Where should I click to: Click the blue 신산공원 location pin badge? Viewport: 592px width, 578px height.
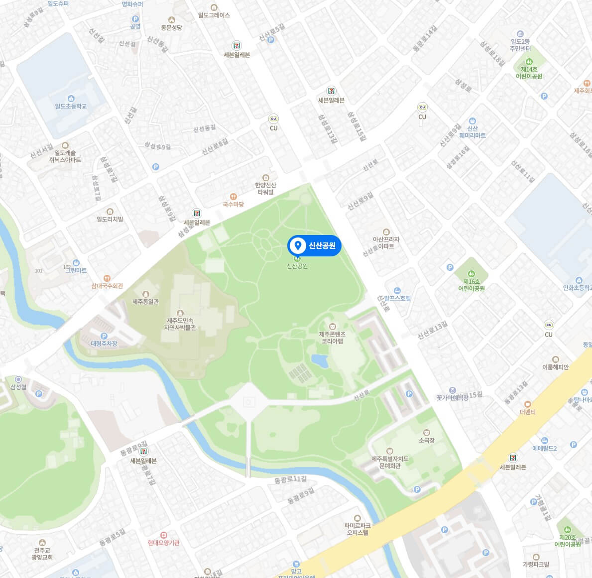pos(314,245)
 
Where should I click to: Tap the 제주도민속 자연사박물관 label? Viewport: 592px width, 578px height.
pos(180,324)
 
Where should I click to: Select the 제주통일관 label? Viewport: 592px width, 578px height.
pos(145,301)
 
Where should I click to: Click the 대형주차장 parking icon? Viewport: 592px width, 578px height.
pos(104,336)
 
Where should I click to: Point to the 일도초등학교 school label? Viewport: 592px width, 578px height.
pos(71,106)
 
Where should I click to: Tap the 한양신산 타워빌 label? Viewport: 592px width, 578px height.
pos(266,188)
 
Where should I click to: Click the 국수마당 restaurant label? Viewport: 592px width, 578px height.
pos(233,204)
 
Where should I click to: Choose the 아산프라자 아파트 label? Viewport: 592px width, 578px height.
pos(386,242)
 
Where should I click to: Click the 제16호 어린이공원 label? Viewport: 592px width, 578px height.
pos(471,285)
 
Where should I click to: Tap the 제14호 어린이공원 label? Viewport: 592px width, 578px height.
pos(529,73)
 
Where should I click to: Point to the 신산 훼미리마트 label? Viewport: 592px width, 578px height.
pos(472,131)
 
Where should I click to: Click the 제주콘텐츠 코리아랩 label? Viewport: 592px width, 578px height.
pos(332,338)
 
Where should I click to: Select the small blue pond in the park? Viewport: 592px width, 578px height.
pos(320,360)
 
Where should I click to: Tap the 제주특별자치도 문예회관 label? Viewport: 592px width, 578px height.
pos(390,462)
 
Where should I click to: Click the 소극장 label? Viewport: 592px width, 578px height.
pos(427,440)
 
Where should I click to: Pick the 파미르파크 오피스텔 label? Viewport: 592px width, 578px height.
pos(357,529)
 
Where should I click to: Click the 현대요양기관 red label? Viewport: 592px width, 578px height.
pos(163,543)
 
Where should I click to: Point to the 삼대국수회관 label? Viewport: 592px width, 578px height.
pos(107,286)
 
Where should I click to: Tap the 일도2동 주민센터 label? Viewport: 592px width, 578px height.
pos(520,45)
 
